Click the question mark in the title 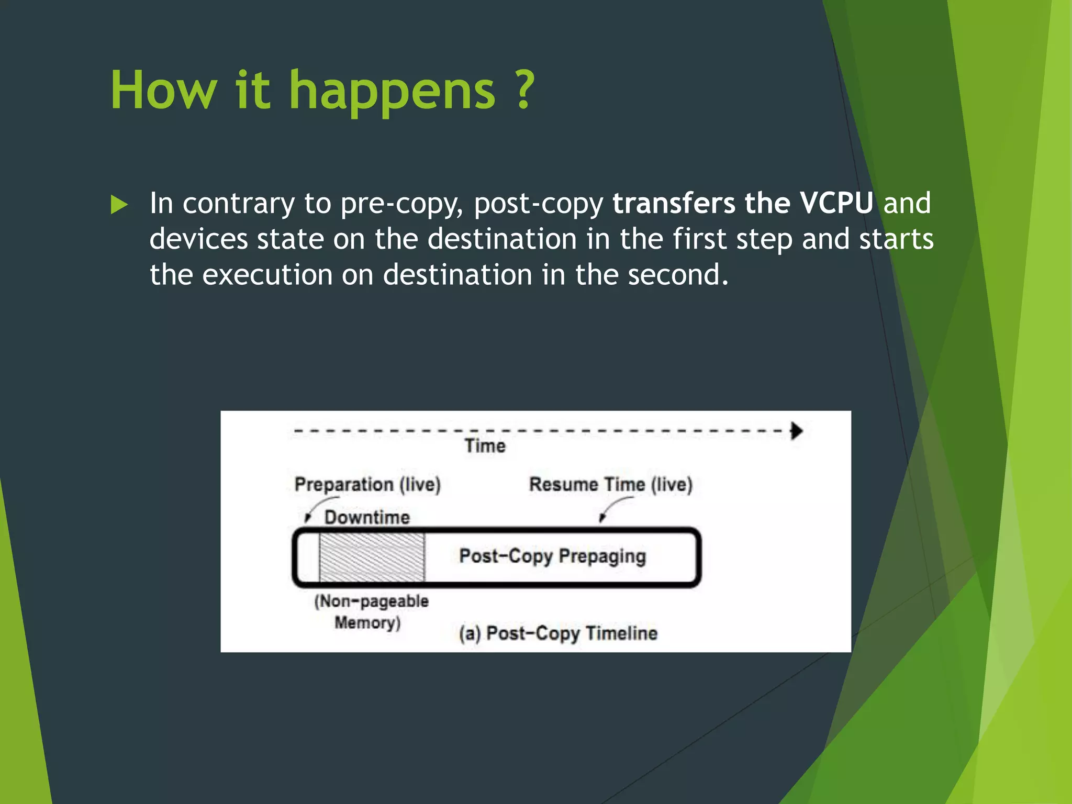523,90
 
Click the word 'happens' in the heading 392,92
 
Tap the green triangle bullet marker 119,205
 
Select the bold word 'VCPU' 836,203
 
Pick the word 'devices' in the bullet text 198,239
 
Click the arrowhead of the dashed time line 797,431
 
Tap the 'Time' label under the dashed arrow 485,446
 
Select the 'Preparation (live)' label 367,485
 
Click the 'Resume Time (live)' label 610,485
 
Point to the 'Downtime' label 367,518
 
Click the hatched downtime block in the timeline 372,557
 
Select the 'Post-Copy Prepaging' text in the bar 552,556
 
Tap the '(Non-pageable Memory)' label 371,611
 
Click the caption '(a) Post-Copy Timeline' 558,633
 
